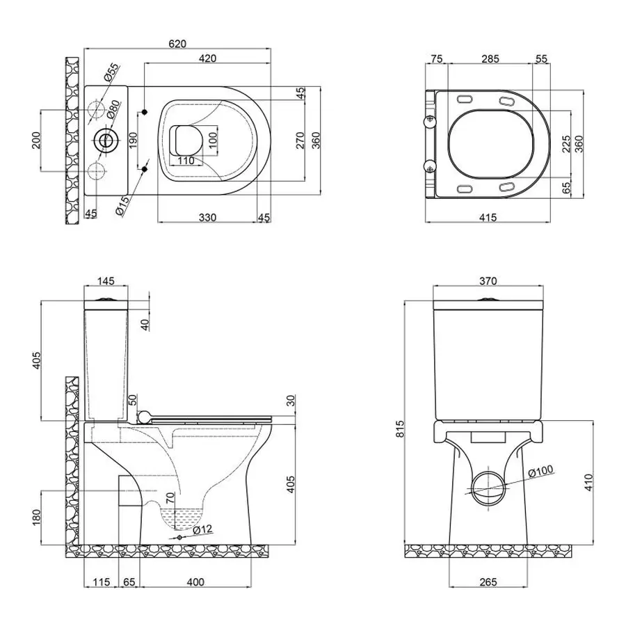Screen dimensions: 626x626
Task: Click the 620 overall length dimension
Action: click(177, 43)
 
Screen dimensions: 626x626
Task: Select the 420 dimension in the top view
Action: click(207, 58)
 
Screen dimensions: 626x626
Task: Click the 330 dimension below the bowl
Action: click(207, 218)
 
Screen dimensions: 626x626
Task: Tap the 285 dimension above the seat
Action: click(490, 59)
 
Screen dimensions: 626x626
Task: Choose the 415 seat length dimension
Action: click(487, 218)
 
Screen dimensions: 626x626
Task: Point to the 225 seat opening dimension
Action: click(565, 143)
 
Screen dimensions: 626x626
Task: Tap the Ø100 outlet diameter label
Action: click(540, 472)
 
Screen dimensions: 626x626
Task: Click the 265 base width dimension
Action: click(488, 581)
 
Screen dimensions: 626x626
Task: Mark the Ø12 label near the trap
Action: click(202, 529)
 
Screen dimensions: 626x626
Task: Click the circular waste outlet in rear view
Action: click(488, 486)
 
